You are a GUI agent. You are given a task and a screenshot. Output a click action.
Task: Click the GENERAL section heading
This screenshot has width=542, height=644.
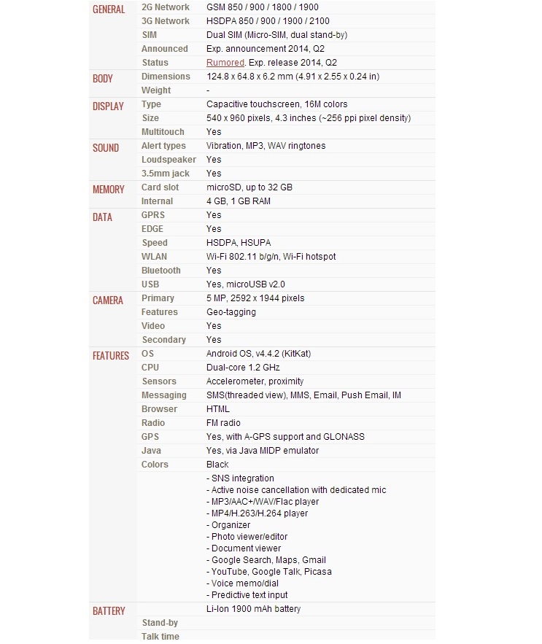(109, 9)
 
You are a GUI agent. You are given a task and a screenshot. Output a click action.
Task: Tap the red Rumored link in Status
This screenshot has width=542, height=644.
(225, 63)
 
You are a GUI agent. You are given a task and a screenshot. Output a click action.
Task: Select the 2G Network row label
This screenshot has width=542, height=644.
(165, 7)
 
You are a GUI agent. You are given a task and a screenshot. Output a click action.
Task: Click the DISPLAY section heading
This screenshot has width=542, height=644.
(108, 106)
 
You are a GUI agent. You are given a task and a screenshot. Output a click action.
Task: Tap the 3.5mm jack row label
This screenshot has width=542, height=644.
(165, 174)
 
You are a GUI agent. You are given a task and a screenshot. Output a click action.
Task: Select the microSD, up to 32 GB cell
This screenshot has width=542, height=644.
(249, 187)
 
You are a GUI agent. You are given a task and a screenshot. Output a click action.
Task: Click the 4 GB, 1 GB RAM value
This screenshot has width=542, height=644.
(238, 201)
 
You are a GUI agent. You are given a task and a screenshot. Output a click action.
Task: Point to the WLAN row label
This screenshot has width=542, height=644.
(154, 257)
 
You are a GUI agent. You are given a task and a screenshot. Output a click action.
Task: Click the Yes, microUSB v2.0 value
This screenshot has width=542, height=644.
(245, 284)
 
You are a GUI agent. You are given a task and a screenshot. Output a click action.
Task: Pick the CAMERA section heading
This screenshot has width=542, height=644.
(108, 300)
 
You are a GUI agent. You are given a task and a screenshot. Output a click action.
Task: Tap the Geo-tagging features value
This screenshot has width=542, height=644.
(231, 312)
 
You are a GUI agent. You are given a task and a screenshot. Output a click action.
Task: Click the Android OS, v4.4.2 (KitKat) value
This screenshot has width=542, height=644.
(258, 354)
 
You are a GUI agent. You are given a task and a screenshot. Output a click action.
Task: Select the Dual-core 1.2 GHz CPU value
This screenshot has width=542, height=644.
(243, 368)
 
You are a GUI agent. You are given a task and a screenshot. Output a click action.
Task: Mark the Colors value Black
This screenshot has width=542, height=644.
(217, 465)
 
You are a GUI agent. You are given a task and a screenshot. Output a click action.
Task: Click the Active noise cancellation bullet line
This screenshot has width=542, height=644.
(296, 490)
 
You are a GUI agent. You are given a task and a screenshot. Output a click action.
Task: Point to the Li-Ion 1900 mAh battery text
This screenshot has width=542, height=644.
(253, 609)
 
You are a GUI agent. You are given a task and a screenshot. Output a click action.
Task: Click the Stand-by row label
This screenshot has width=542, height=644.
(160, 623)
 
